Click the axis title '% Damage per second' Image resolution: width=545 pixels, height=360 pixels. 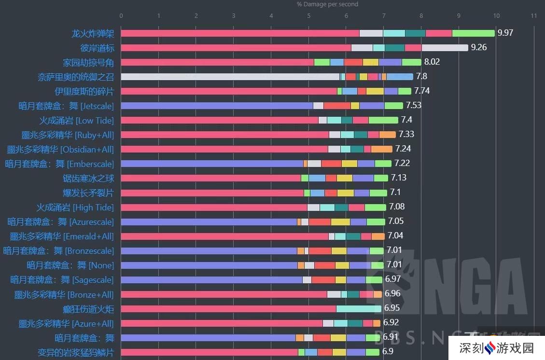pyautogui.click(x=327, y=4)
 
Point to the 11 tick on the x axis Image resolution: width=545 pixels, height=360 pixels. pyautogui.click(x=533, y=16)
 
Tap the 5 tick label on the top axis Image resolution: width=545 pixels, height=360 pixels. pyautogui.click(x=308, y=16)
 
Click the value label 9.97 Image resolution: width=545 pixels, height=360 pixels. pyautogui.click(x=505, y=33)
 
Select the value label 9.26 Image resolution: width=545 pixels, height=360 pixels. pyautogui.click(x=478, y=47)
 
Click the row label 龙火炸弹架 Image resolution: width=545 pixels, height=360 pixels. pyautogui.click(x=93, y=33)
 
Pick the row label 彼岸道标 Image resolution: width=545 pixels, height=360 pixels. pyautogui.click(x=97, y=48)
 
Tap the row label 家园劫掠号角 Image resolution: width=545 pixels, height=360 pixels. pyautogui.click(x=88, y=62)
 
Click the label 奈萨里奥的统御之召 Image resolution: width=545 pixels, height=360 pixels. pyautogui.click(x=76, y=77)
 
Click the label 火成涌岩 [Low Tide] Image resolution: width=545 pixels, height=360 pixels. pyautogui.click(x=76, y=120)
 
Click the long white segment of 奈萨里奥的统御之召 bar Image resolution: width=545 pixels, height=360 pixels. pyautogui.click(x=230, y=76)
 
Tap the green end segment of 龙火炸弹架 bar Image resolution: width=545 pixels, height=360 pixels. pyautogui.click(x=473, y=33)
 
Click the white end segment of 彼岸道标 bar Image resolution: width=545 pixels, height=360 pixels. pyautogui.click(x=445, y=47)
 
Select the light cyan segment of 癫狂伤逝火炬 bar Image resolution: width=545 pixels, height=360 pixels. pyautogui.click(x=359, y=308)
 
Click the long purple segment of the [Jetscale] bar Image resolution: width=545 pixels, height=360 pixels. pyautogui.click(x=217, y=105)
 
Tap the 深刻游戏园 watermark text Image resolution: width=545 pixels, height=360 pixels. pyautogui.click(x=502, y=347)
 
